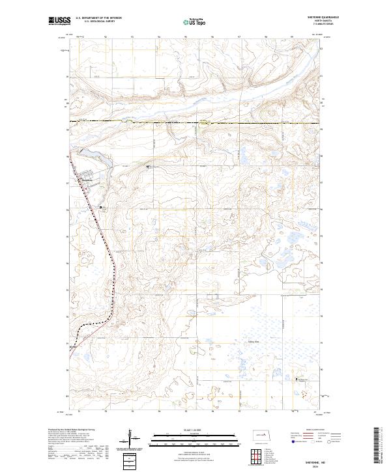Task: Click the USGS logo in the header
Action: [59, 21]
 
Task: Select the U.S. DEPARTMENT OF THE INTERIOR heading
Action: [99, 18]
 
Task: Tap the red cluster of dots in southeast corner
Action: [302, 391]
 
